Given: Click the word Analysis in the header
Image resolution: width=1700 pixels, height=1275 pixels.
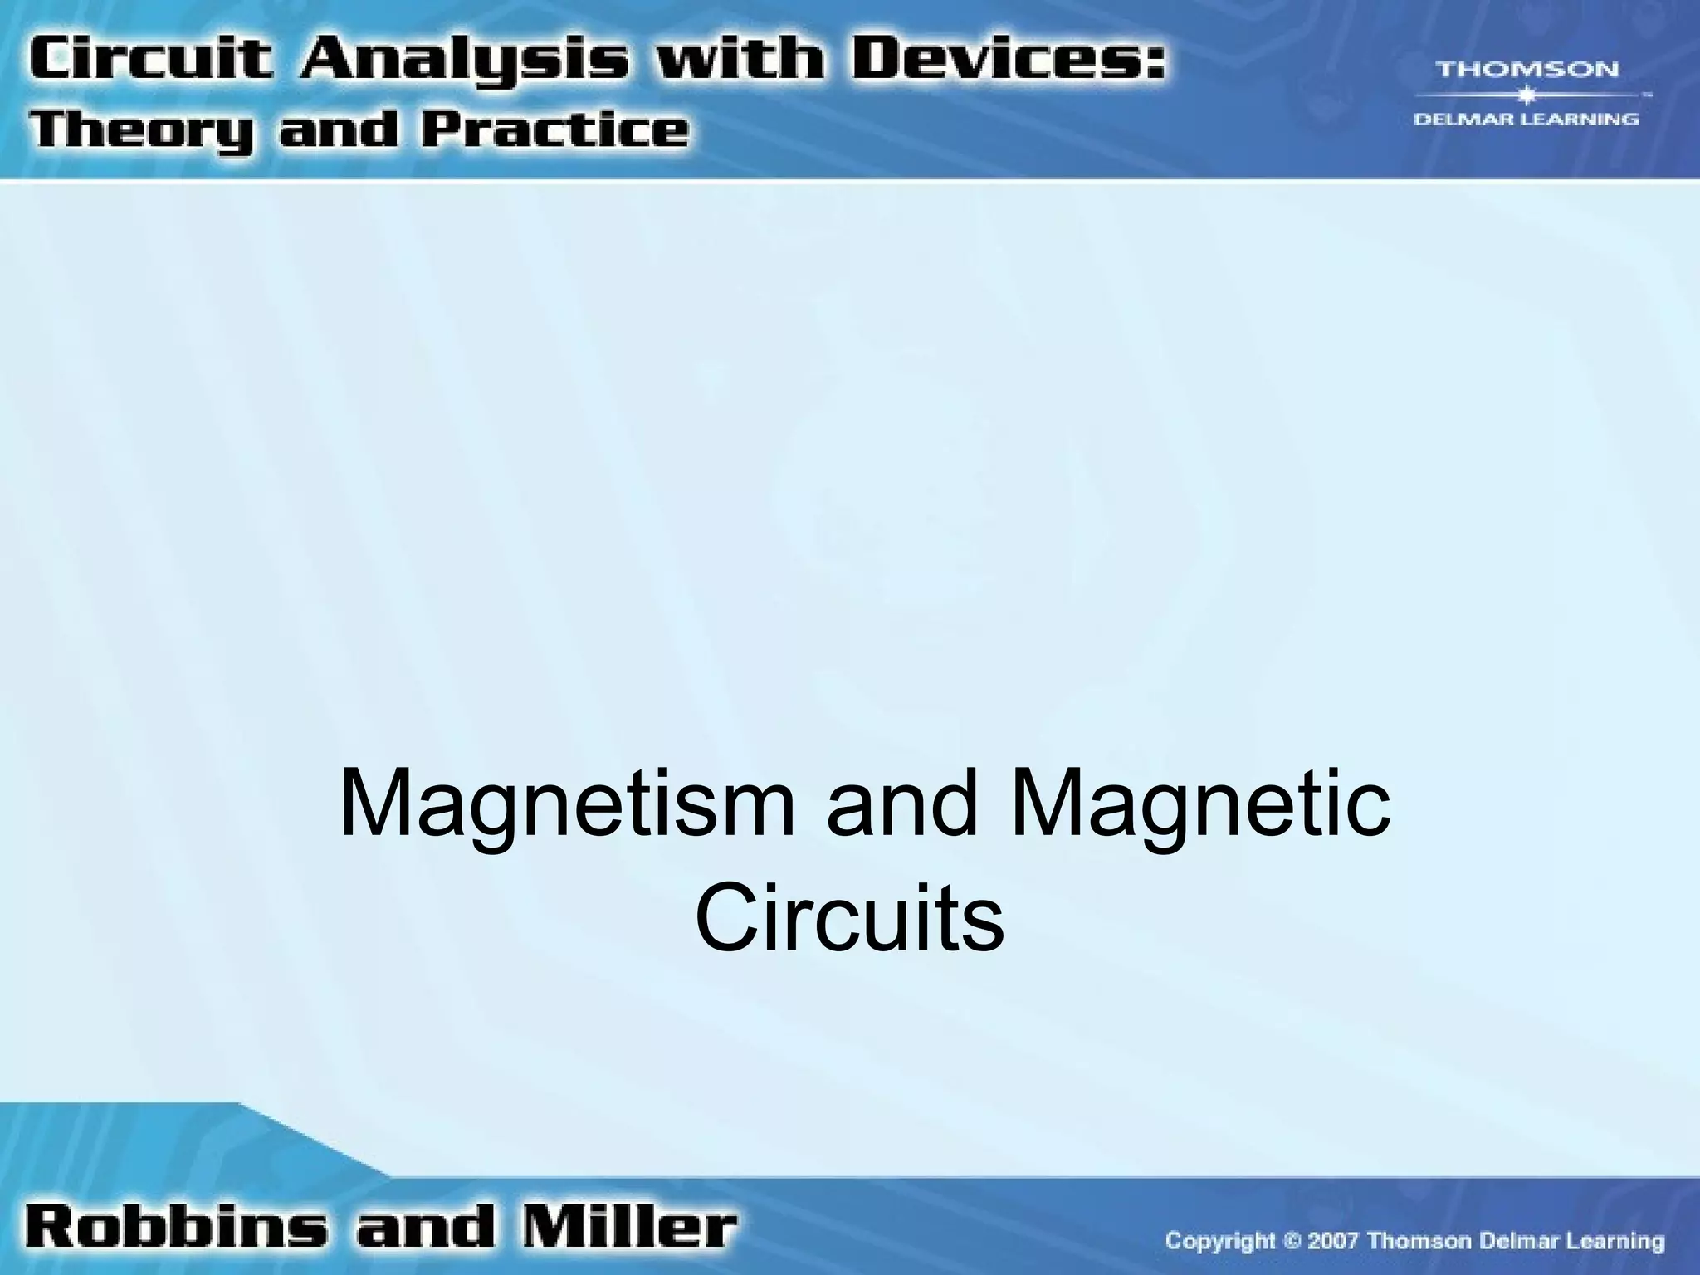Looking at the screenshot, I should point(457,63).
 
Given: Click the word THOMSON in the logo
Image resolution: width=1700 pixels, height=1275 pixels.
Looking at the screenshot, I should point(1527,69).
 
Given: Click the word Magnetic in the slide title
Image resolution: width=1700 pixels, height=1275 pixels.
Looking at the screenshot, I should point(1200,804).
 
